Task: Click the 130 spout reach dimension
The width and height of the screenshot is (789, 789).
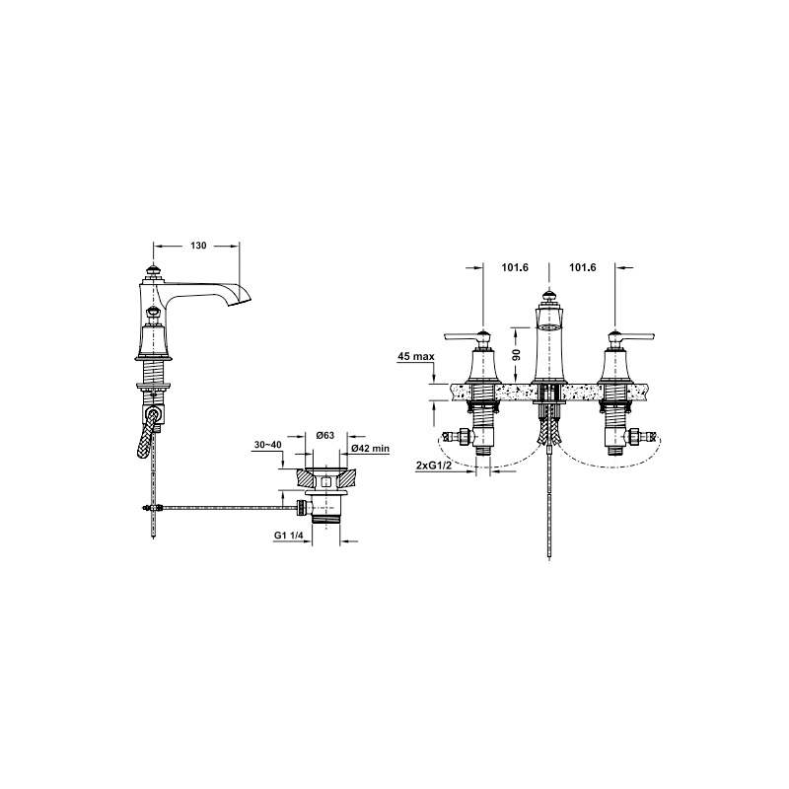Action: click(x=198, y=246)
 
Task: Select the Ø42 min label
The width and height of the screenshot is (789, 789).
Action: click(x=371, y=449)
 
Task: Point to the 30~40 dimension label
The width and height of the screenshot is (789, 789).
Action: click(x=267, y=445)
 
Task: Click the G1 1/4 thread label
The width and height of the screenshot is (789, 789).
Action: click(x=289, y=536)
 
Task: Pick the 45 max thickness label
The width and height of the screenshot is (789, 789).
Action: click(x=416, y=357)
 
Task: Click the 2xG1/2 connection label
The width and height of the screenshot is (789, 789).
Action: click(x=433, y=466)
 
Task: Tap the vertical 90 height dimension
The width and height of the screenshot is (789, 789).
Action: click(x=516, y=353)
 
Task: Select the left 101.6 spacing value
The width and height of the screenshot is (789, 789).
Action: click(x=515, y=267)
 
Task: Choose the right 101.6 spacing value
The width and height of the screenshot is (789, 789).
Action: click(x=582, y=267)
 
